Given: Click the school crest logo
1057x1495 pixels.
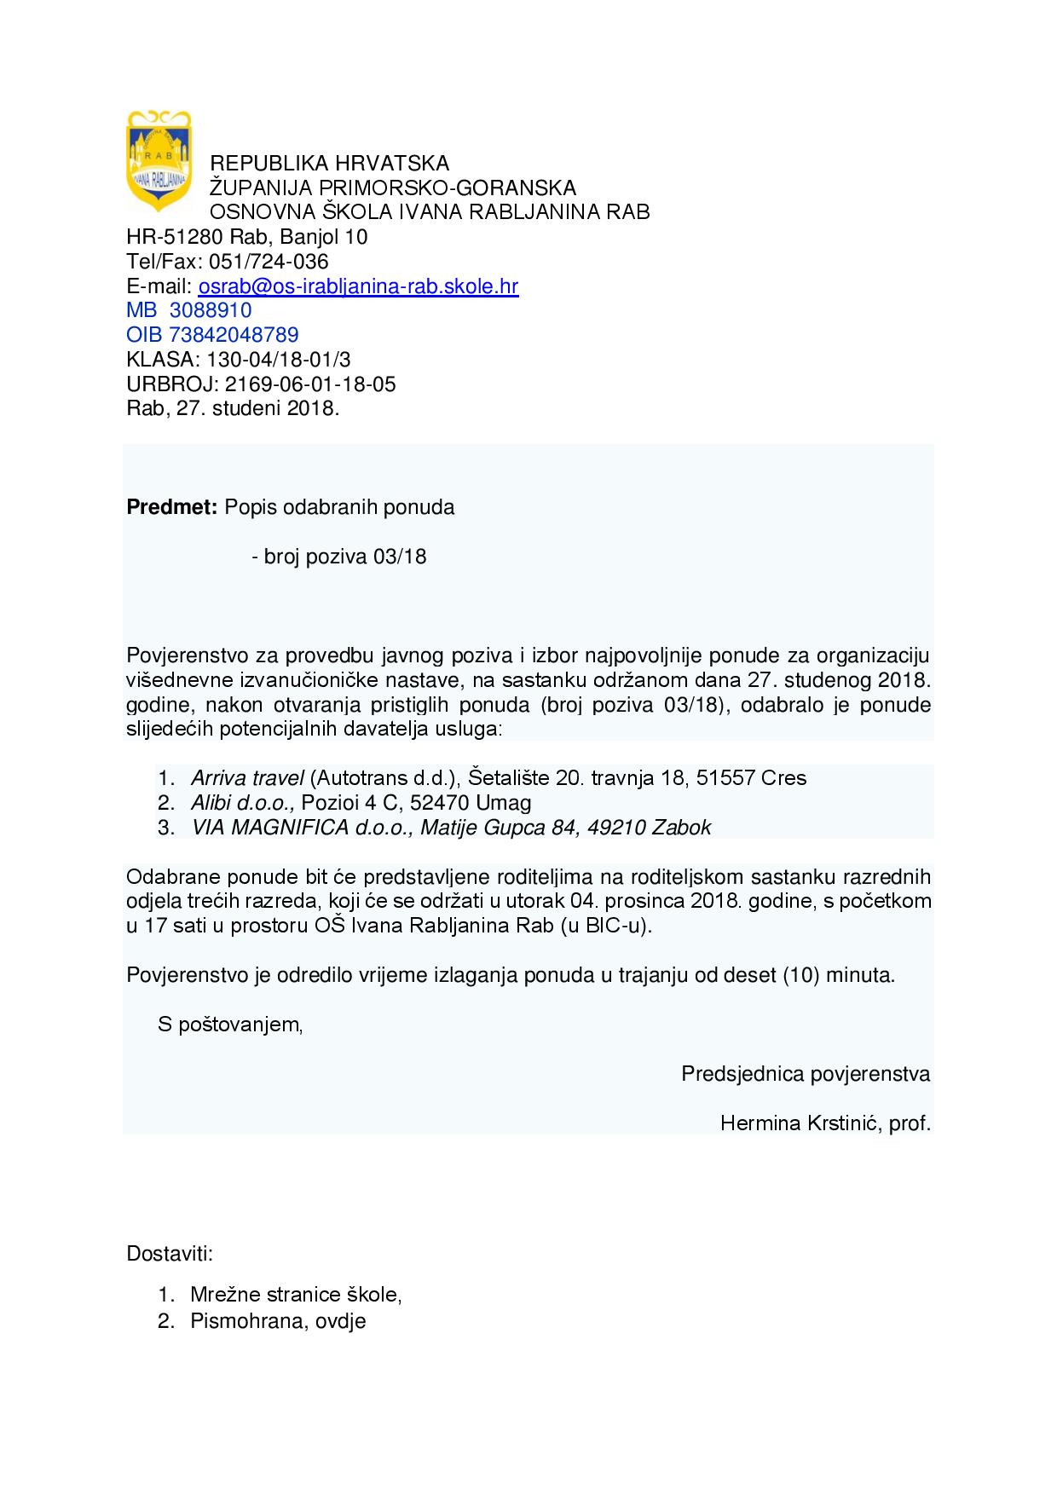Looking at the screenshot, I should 159,160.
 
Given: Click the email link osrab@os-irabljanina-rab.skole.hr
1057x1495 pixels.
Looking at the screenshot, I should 358,286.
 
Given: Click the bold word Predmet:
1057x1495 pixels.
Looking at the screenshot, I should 172,508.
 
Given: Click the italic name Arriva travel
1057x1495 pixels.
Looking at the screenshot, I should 247,778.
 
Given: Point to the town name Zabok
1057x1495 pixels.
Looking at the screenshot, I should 681,828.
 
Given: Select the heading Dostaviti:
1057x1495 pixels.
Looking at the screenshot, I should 170,1255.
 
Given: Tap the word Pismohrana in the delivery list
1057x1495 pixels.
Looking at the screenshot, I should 243,1322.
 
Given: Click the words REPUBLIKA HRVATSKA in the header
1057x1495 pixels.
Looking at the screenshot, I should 330,163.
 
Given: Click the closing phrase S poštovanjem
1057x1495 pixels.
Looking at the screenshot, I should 229,1025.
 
